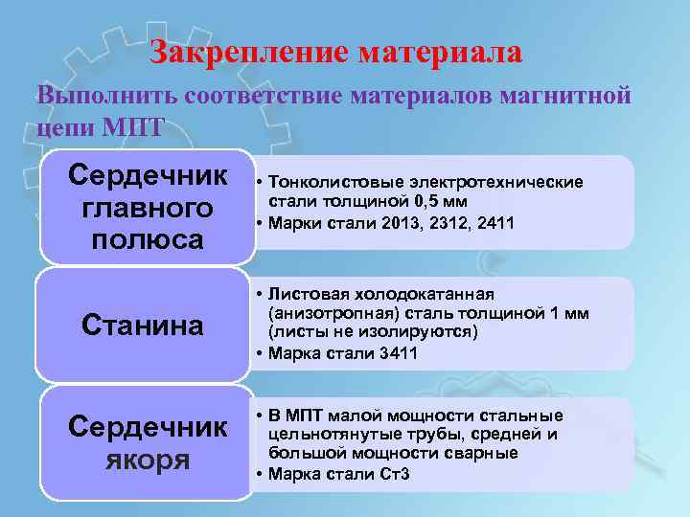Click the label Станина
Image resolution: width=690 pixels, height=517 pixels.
pyautogui.click(x=142, y=326)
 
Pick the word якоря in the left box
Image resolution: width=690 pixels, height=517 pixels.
pyautogui.click(x=149, y=460)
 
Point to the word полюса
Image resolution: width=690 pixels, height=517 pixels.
pyautogui.click(x=148, y=238)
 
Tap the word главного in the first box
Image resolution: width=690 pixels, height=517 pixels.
pyautogui.click(x=148, y=208)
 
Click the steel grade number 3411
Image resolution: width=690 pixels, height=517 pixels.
pyautogui.click(x=398, y=353)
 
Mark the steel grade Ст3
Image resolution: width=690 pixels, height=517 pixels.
pyautogui.click(x=394, y=474)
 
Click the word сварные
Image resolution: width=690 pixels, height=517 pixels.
pyautogui.click(x=488, y=453)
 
